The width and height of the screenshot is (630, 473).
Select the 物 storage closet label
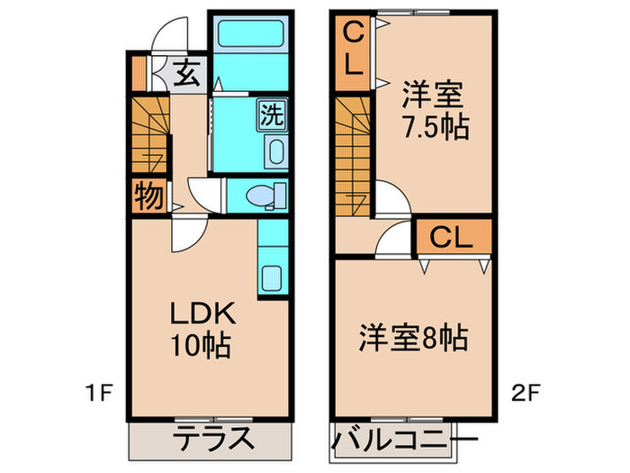(x=148, y=196)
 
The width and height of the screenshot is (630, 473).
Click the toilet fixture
(x=264, y=195)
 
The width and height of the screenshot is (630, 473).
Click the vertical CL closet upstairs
(x=352, y=51)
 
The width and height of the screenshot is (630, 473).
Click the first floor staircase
(x=149, y=136)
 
